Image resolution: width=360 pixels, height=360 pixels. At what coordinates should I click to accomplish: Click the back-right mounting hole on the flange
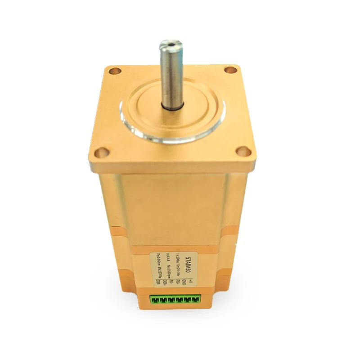[230, 70]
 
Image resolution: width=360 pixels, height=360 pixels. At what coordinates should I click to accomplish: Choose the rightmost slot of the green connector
[196, 299]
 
